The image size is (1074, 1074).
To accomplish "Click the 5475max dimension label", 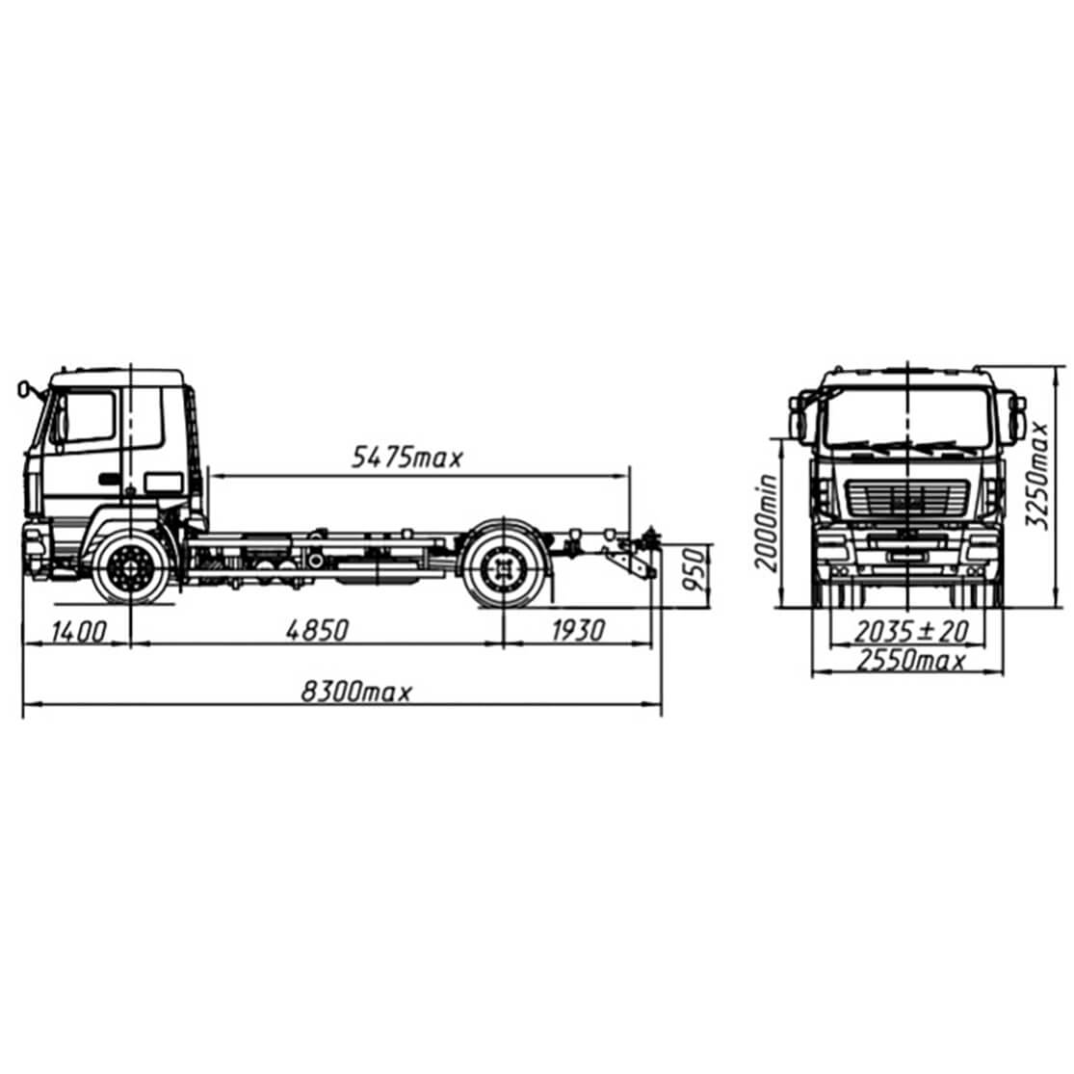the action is (x=406, y=457).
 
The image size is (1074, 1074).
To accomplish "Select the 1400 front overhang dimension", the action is (x=79, y=631).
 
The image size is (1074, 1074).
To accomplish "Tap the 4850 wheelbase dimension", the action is (x=317, y=630).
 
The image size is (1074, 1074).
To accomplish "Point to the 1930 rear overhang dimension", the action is (x=579, y=630).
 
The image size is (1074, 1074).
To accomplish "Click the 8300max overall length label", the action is (x=356, y=692).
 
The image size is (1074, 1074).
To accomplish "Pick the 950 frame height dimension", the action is (x=694, y=570).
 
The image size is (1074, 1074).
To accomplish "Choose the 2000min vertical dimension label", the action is (x=766, y=522).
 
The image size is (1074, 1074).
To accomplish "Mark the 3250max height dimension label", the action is (x=1037, y=475).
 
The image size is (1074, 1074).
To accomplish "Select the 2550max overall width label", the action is (x=910, y=660).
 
